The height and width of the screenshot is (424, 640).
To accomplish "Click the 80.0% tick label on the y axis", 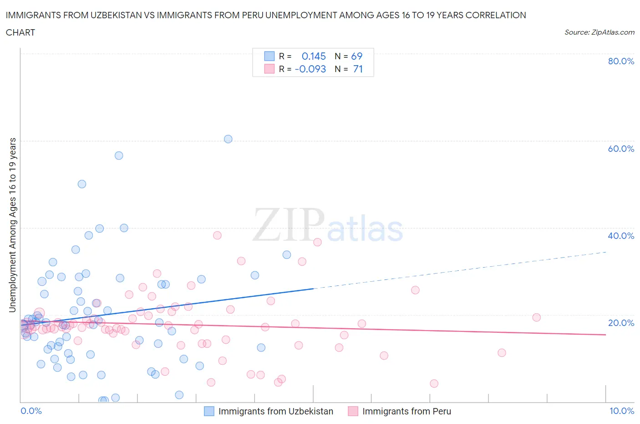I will point(621,61).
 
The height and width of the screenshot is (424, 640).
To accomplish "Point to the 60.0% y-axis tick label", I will point(621,149).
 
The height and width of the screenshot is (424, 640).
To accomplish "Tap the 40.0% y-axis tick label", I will point(621,236).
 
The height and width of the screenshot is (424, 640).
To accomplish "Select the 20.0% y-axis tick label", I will point(621,323).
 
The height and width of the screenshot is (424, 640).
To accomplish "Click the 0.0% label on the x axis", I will point(31,411).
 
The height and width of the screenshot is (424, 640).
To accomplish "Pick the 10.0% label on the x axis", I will point(622,411).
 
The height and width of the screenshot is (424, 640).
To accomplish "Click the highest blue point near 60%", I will point(228,139).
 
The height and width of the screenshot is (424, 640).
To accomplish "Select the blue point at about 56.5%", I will point(119,155).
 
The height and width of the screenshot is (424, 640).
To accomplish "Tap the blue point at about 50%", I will point(82,184).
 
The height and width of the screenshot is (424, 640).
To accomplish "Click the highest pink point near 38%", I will point(217,235).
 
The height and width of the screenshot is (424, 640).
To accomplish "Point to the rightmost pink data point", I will point(537,317).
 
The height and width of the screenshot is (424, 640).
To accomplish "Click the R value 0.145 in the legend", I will point(314,56).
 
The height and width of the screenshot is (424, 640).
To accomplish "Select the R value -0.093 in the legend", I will point(310,69).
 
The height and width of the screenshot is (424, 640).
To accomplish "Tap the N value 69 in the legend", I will point(356,56).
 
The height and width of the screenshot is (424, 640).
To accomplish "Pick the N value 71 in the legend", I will point(358,69).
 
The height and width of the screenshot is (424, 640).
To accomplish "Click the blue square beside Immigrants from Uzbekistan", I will point(209,411).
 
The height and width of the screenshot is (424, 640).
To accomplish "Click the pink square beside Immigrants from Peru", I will point(353,411).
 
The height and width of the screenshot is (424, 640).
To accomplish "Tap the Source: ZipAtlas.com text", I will point(599,32).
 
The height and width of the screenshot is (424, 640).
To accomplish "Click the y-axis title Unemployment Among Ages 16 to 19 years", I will point(13,225).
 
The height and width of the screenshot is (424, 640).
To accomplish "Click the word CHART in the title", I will point(20,32).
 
